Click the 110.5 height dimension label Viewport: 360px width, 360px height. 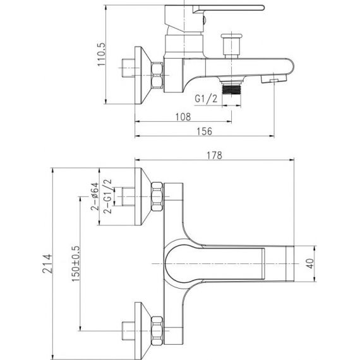[x=101, y=54]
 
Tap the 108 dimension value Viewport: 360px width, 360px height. [x=183, y=117]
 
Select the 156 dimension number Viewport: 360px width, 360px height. [x=205, y=131]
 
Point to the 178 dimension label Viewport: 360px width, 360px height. [x=215, y=155]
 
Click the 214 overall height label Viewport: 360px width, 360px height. [x=47, y=263]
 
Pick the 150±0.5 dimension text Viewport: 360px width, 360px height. [x=76, y=264]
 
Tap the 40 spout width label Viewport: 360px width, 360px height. [x=310, y=263]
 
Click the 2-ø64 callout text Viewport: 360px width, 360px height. [x=95, y=196]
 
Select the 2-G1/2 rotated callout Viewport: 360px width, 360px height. [x=107, y=196]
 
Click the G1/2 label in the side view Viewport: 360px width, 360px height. [x=206, y=99]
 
